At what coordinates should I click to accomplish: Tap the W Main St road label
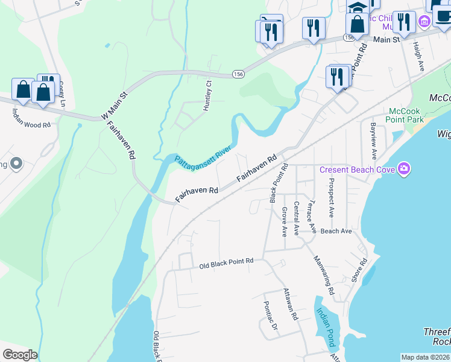115,105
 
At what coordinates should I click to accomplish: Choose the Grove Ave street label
284,221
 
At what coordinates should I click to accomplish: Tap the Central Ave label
296,217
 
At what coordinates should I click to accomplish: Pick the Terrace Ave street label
312,216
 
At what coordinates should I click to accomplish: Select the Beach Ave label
336,231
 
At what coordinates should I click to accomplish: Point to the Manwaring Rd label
324,275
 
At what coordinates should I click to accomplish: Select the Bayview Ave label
373,141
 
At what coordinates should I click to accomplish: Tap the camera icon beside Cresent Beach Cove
403,170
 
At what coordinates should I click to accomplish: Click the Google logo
19,355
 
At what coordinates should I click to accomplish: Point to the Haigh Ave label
417,57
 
